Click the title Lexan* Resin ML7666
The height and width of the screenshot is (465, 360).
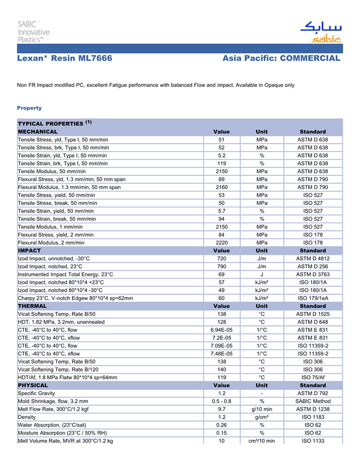[65, 59]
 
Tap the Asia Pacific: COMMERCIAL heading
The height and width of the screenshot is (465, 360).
[281, 59]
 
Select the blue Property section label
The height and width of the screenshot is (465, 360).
[29, 108]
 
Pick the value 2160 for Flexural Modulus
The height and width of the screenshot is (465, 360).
[222, 188]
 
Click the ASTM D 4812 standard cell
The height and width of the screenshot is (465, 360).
[313, 258]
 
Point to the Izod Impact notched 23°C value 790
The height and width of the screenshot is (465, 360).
[222, 266]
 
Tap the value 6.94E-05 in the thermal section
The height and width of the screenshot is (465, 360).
[222, 330]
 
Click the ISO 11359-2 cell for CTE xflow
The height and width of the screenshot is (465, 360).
[313, 354]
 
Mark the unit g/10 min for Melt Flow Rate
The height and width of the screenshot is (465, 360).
[262, 409]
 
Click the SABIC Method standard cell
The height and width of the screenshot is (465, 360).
[313, 401]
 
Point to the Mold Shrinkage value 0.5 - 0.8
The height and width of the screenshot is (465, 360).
[222, 401]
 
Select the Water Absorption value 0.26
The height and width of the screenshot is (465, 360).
[222, 425]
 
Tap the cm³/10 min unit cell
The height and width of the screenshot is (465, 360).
[262, 441]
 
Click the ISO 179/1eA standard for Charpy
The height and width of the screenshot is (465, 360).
[313, 298]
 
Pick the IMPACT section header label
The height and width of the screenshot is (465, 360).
[29, 251]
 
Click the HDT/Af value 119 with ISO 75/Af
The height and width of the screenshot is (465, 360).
[222, 377]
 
